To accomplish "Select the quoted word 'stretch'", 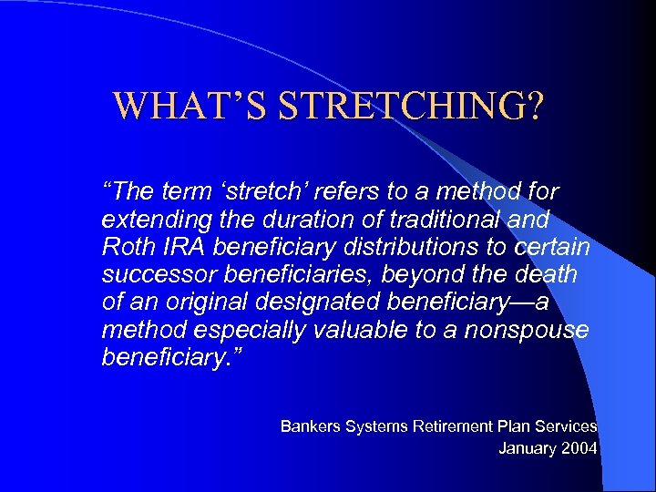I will tap(260, 192).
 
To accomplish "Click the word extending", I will tap(147, 220).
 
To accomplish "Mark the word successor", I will tap(148, 274).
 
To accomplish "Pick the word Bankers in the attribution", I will tap(309, 425).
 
